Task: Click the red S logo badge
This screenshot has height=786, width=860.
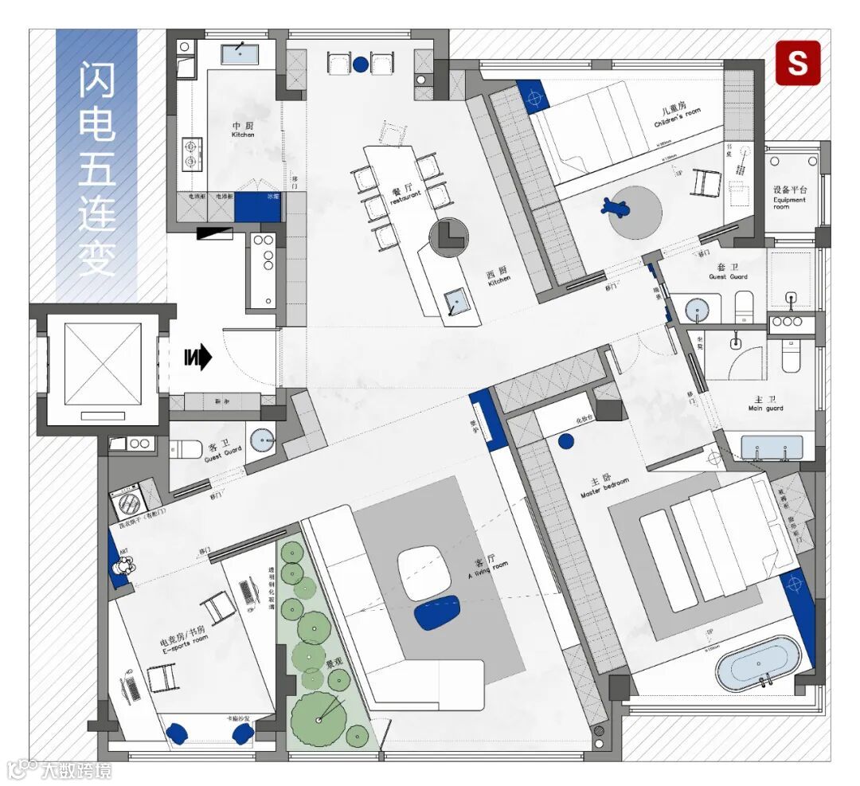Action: [798, 63]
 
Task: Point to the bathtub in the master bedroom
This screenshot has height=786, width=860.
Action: [756, 663]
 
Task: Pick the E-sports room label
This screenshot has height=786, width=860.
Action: [184, 641]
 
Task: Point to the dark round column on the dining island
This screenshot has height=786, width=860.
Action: [448, 237]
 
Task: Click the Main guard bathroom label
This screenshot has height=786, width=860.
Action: [765, 405]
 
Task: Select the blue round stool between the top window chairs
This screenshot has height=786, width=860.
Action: [361, 64]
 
